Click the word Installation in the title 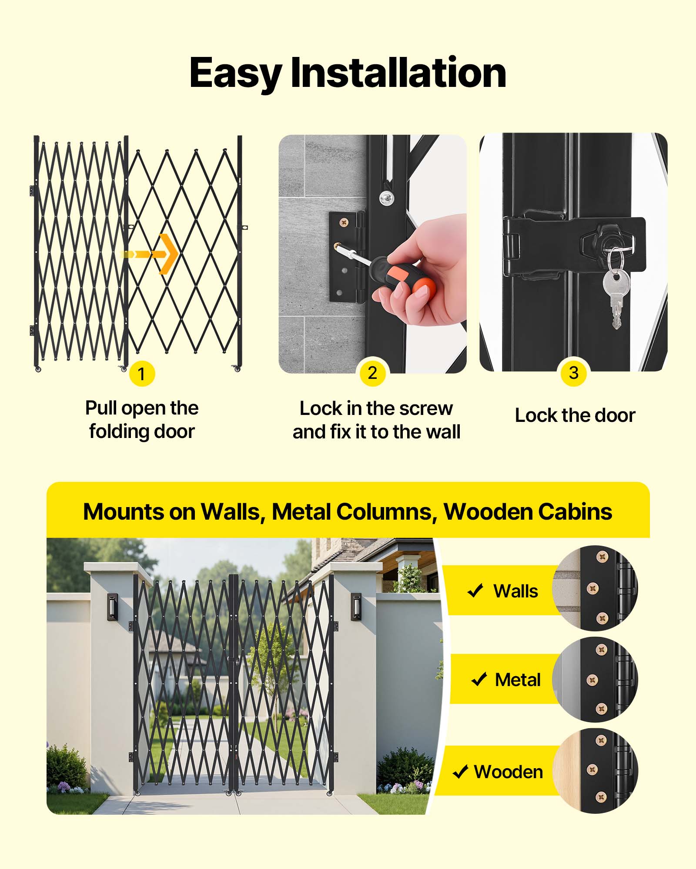coord(398,73)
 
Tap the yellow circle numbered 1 coord(142,373)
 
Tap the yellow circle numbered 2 coord(372,372)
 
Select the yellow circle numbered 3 coord(574,372)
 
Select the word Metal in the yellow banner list coord(517,680)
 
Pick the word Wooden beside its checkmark coord(508,772)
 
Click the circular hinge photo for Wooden coord(595,770)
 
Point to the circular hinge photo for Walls coord(595,588)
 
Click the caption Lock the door coord(575,415)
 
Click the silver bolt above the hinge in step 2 coord(386,198)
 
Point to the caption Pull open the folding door coord(142,420)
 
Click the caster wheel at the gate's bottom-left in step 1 coord(38,369)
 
